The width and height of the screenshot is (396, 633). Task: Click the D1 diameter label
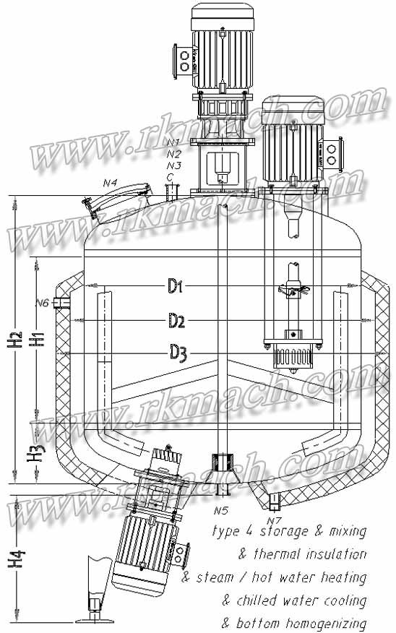176,288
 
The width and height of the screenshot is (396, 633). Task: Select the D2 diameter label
178,319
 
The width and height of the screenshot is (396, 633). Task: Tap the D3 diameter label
178,352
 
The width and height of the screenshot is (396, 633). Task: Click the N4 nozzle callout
110,184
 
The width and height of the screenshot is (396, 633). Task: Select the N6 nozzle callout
42,303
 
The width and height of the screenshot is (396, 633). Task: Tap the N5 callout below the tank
221,511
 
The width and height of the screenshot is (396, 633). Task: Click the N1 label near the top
173,142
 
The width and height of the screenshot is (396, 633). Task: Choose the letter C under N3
170,176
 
